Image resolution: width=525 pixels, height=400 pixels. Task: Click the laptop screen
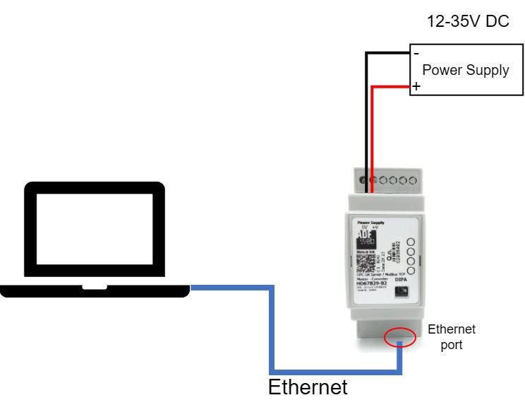click(x=94, y=234)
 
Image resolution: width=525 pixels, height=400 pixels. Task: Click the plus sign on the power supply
click(x=416, y=87)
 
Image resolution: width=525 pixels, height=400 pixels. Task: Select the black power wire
click(x=366, y=113)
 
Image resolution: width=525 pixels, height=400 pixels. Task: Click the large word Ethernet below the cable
click(x=308, y=387)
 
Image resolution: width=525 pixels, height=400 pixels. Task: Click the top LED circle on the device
click(x=411, y=241)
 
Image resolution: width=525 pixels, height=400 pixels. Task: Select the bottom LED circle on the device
click(x=411, y=271)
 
